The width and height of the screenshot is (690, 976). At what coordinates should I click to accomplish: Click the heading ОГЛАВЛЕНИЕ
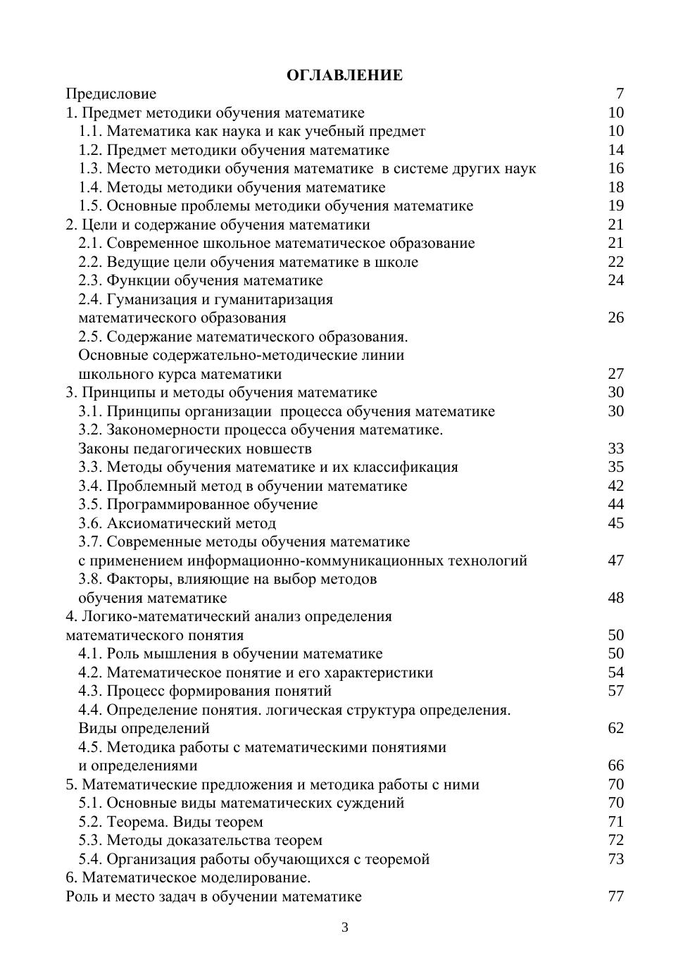(344, 75)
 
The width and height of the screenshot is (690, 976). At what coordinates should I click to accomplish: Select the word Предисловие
(111, 94)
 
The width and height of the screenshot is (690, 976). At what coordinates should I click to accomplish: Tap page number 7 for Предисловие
(620, 94)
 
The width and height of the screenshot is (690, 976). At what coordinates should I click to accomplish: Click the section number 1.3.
(91, 168)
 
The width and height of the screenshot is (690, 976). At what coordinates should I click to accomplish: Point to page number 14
(615, 150)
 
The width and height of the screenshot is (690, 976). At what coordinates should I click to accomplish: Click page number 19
(615, 206)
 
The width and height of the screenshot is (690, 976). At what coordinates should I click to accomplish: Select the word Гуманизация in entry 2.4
(148, 299)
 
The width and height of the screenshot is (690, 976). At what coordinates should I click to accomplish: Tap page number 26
(615, 318)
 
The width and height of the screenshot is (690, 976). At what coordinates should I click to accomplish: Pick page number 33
(615, 449)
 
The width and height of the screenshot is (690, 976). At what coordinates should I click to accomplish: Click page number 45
(615, 523)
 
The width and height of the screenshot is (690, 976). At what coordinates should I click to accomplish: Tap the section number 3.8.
(91, 579)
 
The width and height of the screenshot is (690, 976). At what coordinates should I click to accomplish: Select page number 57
(615, 691)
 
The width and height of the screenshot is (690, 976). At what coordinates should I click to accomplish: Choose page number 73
(615, 859)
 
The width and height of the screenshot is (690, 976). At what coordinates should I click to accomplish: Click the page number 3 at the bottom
(345, 927)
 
